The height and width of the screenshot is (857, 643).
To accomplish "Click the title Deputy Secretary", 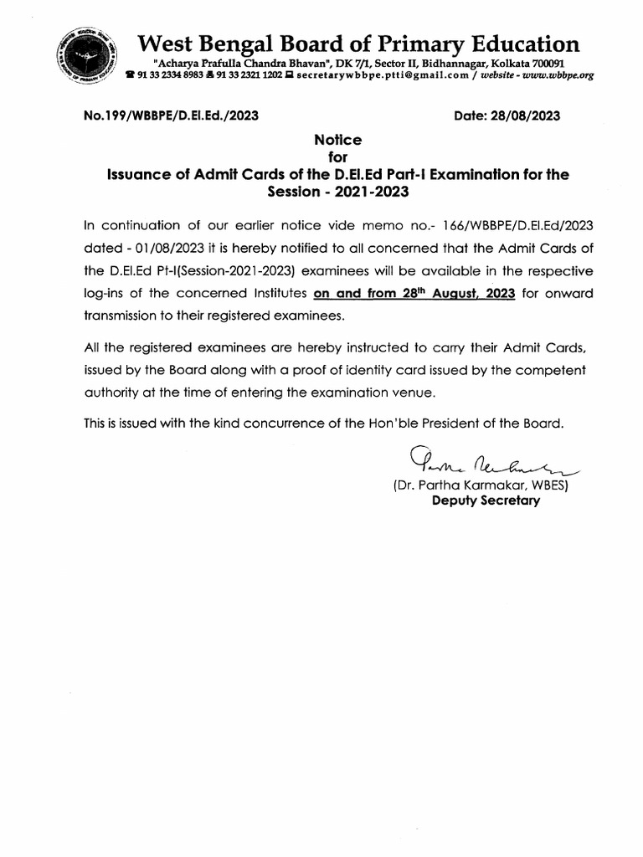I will click(486, 500).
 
